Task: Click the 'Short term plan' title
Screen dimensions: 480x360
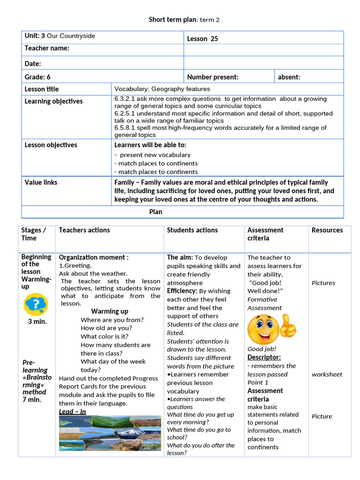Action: pos(184,20)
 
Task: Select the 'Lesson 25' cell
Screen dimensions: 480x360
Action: pos(202,38)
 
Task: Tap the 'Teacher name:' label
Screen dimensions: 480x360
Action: pos(47,48)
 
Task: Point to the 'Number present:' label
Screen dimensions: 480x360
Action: pos(213,77)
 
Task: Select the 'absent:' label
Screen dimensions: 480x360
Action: pos(289,77)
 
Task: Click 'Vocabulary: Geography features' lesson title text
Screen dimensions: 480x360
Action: pos(162,89)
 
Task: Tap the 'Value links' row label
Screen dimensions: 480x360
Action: pos(41,182)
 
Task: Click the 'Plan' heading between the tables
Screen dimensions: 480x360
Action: pos(156,212)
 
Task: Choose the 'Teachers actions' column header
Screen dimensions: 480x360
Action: pos(84,230)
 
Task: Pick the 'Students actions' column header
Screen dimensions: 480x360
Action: pos(192,230)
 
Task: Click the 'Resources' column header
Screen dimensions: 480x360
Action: pos(327,230)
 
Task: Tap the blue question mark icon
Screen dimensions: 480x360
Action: pos(36,304)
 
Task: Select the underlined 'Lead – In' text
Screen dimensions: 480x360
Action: pos(72,412)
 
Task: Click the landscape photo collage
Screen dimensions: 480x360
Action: pos(110,433)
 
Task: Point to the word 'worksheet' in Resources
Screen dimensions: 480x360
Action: pos(327,374)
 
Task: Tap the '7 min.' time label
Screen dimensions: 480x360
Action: pos(32,399)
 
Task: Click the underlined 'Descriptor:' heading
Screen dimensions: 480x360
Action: pos(264,357)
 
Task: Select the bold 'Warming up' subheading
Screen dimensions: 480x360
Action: pos(109,311)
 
